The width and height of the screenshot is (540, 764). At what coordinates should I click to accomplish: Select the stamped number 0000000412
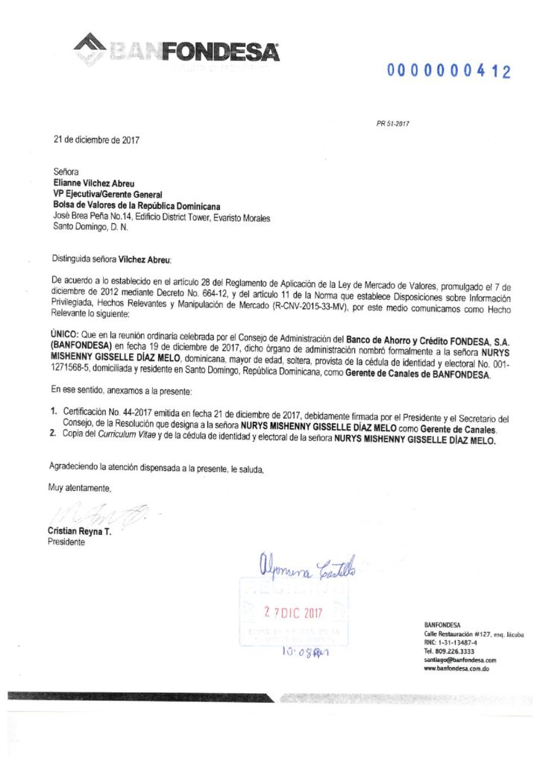pos(449,72)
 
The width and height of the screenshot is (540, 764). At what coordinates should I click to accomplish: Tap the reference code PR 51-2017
pos(393,124)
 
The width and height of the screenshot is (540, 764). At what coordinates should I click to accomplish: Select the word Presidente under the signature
pos(67,542)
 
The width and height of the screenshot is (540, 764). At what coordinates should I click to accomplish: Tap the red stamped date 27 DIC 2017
pos(293,612)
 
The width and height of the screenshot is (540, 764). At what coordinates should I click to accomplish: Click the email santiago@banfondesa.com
pos(459,660)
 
